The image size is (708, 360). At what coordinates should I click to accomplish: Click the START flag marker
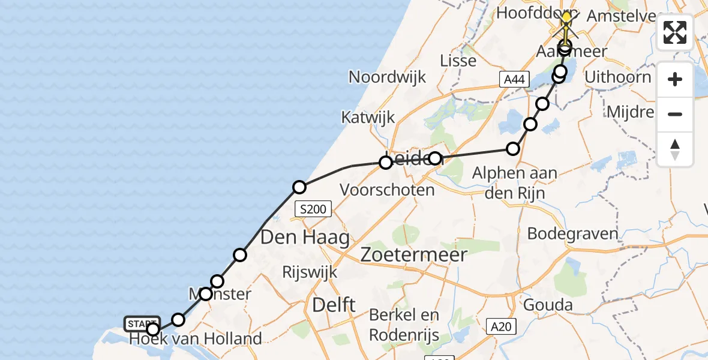[x=142, y=324]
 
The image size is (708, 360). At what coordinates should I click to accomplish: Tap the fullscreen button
[x=675, y=32]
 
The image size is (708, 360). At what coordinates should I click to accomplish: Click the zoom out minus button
[x=675, y=114]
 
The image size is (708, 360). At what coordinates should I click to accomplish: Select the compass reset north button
[x=675, y=149]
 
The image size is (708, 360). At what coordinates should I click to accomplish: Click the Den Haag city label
[x=305, y=238]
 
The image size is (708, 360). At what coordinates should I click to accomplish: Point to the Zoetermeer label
[x=414, y=255]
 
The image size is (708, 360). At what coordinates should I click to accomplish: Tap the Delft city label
[x=334, y=305]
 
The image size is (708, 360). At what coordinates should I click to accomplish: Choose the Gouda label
[x=548, y=305]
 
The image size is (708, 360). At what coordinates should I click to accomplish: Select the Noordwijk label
[x=388, y=77]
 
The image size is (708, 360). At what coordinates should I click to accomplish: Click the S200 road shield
[x=313, y=209]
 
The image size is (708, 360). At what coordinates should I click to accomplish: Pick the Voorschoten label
[x=387, y=190]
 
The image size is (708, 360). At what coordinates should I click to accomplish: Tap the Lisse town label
[x=458, y=61]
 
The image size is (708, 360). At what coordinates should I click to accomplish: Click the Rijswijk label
[x=310, y=272]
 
